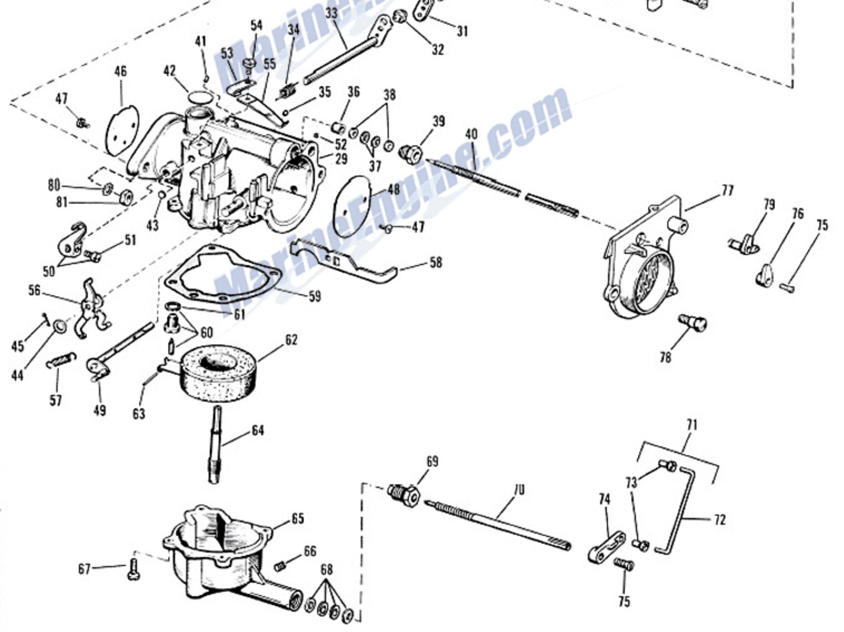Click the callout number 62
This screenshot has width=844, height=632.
click(x=291, y=340)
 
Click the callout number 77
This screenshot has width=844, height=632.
click(x=727, y=191)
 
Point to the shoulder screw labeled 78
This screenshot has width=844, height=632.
click(x=692, y=323)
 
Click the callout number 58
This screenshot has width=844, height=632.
click(x=435, y=262)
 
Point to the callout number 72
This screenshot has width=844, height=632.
click(x=719, y=520)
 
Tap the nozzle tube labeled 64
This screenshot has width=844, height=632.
click(x=217, y=445)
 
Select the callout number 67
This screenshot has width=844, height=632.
click(x=84, y=569)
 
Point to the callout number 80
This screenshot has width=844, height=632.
click(x=54, y=185)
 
